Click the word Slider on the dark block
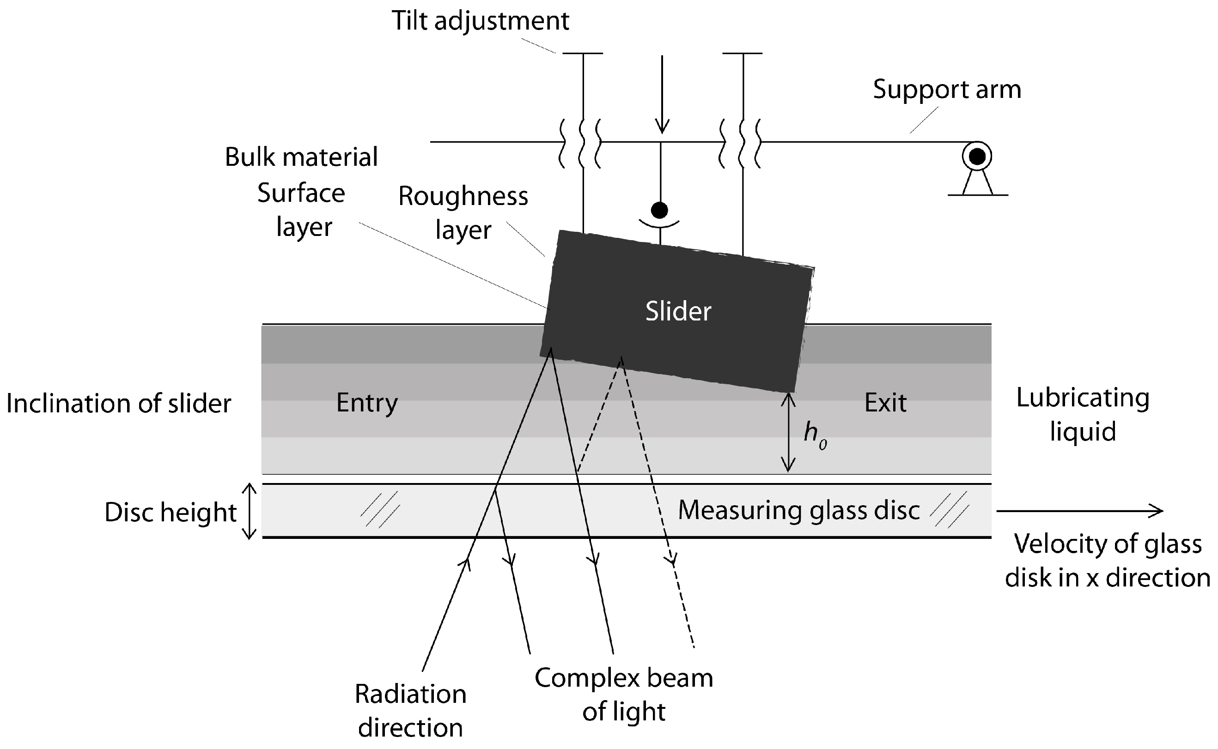[678, 312]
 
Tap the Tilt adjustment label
[480, 21]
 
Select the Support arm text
[946, 90]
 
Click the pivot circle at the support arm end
[977, 157]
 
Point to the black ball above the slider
[659, 210]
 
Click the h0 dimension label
[814, 435]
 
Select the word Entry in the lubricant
[367, 403]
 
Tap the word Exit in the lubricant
[885, 403]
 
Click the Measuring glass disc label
[798, 510]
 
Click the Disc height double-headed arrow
[249, 511]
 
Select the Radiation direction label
[410, 711]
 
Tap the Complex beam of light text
[623, 695]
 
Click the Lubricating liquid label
[1083, 415]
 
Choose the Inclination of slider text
[118, 404]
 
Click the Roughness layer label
[463, 213]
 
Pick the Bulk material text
[301, 157]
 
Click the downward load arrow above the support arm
[662, 94]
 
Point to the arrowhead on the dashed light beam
[671, 561]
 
